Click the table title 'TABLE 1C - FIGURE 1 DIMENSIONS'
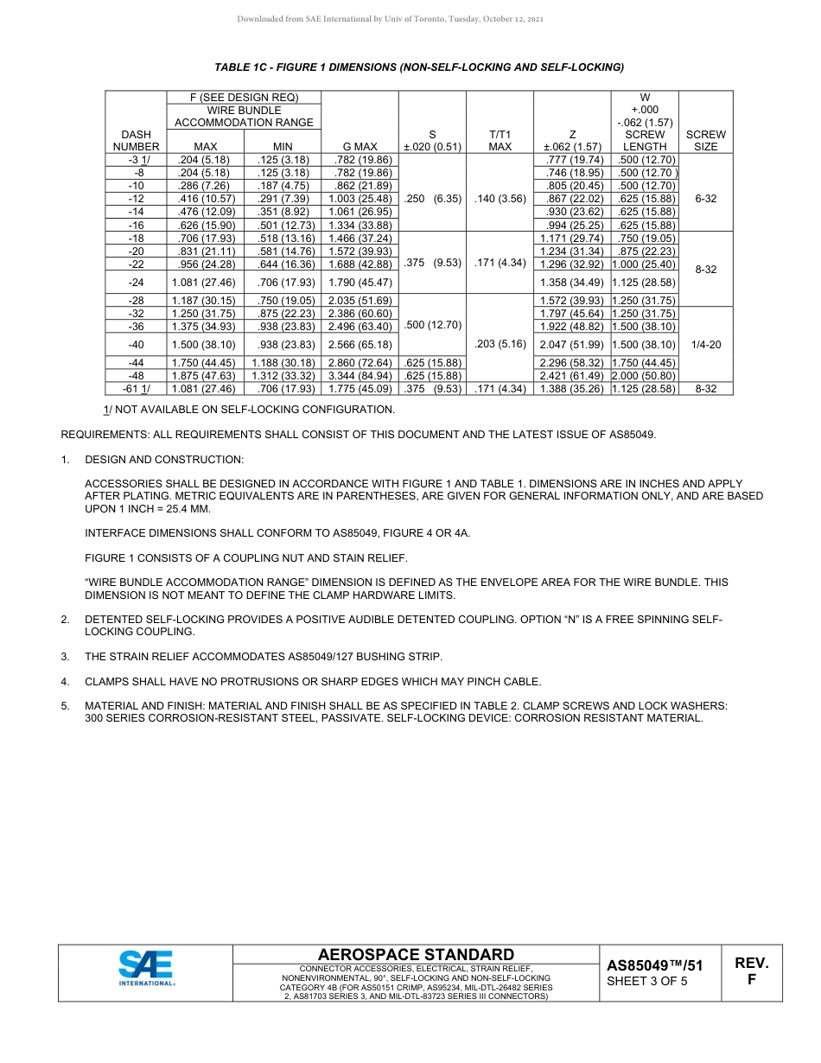point(419,67)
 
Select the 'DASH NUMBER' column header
point(136,141)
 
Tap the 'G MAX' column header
point(360,147)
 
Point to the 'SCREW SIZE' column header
point(705,141)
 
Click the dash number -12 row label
point(136,199)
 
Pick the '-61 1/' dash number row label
point(136,389)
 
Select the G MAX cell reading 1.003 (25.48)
point(360,199)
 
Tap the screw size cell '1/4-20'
point(705,345)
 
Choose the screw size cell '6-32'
point(705,199)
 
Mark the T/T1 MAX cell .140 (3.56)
point(500,199)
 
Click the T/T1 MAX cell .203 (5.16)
point(500,344)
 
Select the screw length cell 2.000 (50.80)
point(645,376)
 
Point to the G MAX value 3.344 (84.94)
point(360,376)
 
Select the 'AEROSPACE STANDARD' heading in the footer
point(416,954)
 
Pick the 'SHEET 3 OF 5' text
point(647,981)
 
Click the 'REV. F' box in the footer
point(751,971)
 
